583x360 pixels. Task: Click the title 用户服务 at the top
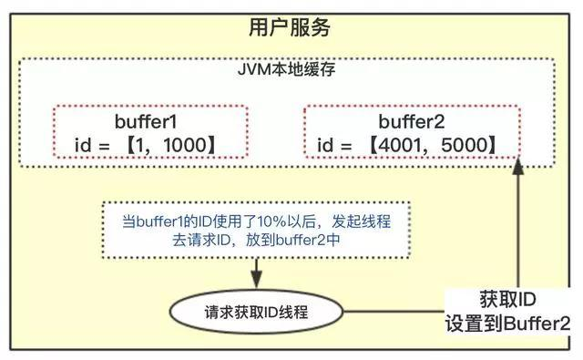pos(291,28)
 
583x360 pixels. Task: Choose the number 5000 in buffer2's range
pos(460,145)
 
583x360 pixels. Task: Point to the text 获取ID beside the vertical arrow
pos(508,300)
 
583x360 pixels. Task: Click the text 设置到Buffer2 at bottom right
pos(508,324)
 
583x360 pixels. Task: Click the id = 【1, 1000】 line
pos(149,145)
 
